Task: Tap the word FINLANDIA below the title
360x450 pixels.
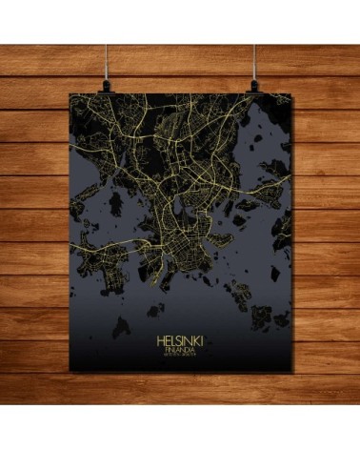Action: tap(179, 349)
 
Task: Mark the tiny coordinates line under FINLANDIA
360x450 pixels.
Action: tap(179, 356)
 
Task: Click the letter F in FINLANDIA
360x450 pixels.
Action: tap(166, 349)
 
